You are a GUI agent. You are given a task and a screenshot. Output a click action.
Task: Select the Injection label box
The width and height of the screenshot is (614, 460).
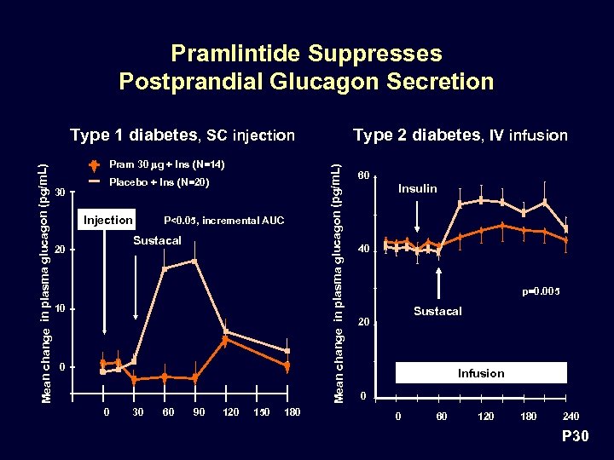pyautogui.click(x=107, y=220)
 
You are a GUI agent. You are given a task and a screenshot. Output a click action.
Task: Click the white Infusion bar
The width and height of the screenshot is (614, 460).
pyautogui.click(x=481, y=373)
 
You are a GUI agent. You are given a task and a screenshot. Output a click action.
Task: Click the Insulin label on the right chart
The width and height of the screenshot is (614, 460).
pyautogui.click(x=417, y=188)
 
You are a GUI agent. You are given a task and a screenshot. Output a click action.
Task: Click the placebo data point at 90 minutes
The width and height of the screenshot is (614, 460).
pyautogui.click(x=195, y=261)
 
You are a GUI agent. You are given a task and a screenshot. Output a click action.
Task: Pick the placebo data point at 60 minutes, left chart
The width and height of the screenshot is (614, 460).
pyautogui.click(x=165, y=269)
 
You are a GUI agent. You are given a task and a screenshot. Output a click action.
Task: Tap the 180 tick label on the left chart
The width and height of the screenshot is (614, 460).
pyautogui.click(x=292, y=413)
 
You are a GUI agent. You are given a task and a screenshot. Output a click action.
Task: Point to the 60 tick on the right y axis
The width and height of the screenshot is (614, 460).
pyautogui.click(x=364, y=176)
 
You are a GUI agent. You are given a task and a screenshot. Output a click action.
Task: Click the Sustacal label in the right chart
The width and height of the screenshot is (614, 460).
pyautogui.click(x=437, y=311)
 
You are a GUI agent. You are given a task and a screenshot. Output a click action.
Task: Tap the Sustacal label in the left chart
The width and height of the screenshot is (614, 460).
pyautogui.click(x=158, y=241)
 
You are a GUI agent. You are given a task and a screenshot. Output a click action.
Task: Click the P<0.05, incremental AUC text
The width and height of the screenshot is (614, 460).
pyautogui.click(x=223, y=221)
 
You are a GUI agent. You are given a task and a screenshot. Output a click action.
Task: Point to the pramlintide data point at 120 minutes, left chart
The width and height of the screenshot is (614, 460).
pyautogui.click(x=225, y=341)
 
